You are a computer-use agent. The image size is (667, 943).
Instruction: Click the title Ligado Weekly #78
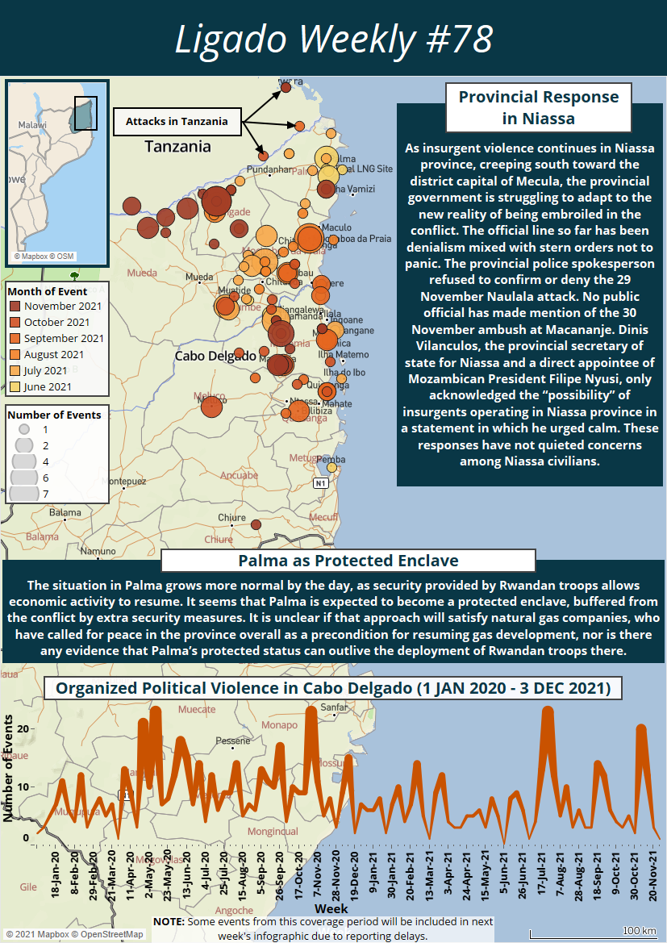click(334, 39)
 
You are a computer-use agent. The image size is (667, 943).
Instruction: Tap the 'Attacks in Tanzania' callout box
click(176, 122)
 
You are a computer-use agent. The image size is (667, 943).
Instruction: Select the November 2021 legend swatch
click(15, 307)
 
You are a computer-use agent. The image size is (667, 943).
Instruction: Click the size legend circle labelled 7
click(24, 492)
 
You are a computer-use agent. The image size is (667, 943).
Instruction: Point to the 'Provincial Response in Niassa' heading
click(539, 107)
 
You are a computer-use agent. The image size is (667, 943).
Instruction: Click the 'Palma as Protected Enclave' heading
click(348, 561)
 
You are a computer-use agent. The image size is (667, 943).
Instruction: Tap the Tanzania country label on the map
click(177, 147)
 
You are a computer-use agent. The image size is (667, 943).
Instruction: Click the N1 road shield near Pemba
click(320, 482)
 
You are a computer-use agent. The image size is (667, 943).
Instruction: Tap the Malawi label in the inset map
click(33, 126)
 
